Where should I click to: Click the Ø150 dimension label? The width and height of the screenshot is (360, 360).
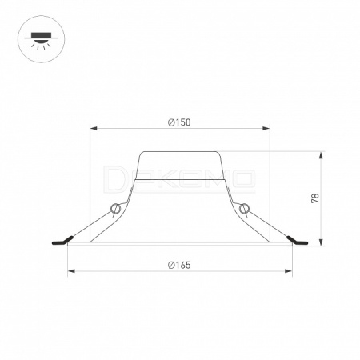pyautogui.click(x=179, y=122)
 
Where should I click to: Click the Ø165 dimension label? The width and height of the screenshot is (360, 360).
pyautogui.click(x=179, y=265)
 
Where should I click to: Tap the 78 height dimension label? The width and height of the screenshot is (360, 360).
pyautogui.click(x=315, y=198)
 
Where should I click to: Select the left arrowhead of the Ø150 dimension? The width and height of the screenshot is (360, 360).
pyautogui.click(x=94, y=129)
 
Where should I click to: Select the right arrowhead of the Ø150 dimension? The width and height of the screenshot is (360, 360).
pyautogui.click(x=266, y=129)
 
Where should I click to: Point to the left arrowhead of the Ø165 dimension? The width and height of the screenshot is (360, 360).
pyautogui.click(x=71, y=271)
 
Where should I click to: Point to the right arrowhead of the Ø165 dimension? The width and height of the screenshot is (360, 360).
pyautogui.click(x=289, y=271)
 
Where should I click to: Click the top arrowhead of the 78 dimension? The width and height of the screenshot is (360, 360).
pyautogui.click(x=322, y=155)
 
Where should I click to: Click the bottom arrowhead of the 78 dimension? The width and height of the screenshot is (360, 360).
pyautogui.click(x=322, y=242)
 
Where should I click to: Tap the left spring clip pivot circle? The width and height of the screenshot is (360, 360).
pyautogui.click(x=116, y=208)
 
